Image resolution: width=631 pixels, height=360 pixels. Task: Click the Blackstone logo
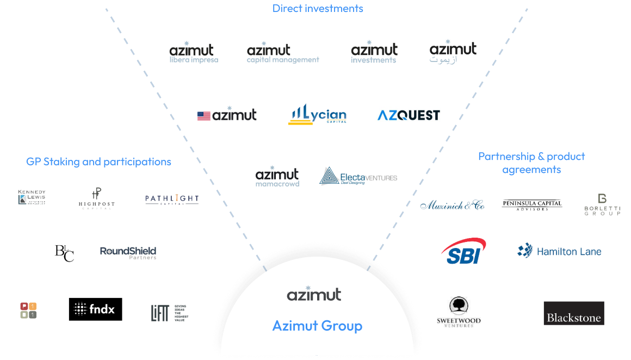tap(573, 313)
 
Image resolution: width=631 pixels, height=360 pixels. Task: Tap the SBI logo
tap(464, 251)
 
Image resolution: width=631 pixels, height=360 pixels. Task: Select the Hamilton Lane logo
tap(559, 250)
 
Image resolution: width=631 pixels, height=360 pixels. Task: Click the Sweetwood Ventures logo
tap(459, 313)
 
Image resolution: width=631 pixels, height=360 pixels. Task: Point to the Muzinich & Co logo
tap(452, 205)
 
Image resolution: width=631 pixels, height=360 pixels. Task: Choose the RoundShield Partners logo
tap(128, 253)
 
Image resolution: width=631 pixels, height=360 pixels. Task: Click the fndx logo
tap(94, 309)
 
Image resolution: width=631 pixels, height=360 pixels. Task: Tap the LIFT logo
tap(170, 311)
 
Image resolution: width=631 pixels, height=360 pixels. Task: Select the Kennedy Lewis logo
tap(32, 197)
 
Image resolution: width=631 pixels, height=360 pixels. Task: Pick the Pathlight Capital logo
tap(172, 200)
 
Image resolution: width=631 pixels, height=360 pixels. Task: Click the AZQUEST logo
tap(408, 114)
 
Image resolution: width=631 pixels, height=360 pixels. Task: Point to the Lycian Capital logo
tap(317, 114)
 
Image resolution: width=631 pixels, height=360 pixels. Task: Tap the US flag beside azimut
tap(204, 116)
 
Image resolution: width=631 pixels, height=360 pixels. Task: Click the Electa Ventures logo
tap(358, 177)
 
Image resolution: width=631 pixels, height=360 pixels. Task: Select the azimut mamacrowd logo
tap(277, 177)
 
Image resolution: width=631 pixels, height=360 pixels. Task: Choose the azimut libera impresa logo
tap(194, 53)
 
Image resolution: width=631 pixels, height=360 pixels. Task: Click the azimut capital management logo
tap(282, 53)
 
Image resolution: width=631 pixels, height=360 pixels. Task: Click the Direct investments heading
tap(318, 8)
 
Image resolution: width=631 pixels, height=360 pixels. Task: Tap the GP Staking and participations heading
tap(98, 162)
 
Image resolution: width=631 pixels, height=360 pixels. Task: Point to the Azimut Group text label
tap(317, 326)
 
